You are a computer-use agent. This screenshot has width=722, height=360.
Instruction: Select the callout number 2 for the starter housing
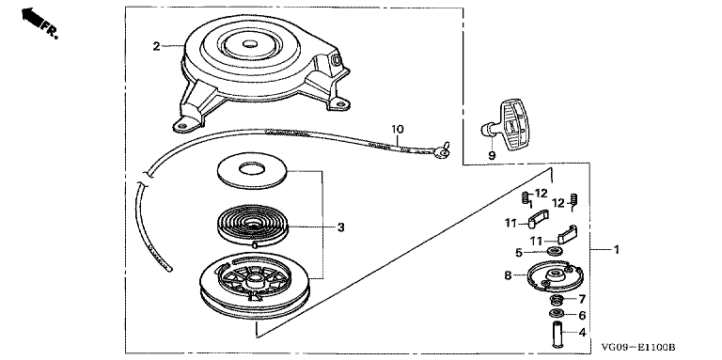(157, 46)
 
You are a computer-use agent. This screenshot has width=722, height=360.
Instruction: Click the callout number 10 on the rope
(397, 129)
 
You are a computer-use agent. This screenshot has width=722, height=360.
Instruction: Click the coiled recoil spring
(252, 226)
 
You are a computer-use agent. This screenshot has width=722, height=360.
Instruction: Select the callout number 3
(340, 227)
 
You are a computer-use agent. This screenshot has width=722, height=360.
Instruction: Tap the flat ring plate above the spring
(252, 167)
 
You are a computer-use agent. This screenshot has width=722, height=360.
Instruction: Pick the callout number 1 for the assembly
(616, 250)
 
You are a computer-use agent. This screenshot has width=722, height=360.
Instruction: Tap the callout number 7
(582, 299)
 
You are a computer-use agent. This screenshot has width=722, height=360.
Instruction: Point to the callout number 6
(582, 316)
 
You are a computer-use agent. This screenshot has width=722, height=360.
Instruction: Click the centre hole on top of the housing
(249, 45)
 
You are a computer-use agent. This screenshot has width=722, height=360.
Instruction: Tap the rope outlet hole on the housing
(336, 59)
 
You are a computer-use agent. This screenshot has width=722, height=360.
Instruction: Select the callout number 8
(508, 275)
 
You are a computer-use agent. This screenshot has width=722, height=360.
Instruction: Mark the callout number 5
(518, 252)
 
